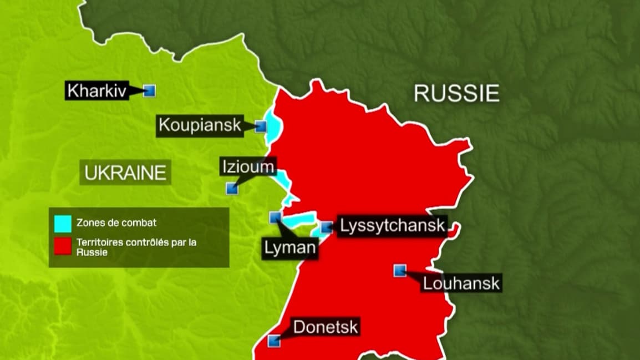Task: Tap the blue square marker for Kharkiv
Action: [x=149, y=90]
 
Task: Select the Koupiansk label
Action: [x=200, y=125]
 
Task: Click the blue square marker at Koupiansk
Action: [x=260, y=126]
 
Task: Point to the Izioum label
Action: [x=248, y=166]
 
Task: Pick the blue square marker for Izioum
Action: [x=232, y=188]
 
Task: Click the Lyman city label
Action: [x=290, y=247]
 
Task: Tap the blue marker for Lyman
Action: [x=275, y=217]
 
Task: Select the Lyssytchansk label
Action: [x=393, y=226]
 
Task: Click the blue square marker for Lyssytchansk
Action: [x=327, y=226]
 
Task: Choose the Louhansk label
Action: [x=461, y=283]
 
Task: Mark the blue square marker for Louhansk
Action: [x=399, y=270]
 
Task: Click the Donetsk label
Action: [x=326, y=327]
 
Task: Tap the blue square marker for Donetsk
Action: [x=273, y=341]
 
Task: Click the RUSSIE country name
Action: [x=456, y=94]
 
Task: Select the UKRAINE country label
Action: [x=125, y=173]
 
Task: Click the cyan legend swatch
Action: [x=63, y=223]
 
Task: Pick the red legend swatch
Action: [x=63, y=247]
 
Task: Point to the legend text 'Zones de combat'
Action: [x=116, y=223]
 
